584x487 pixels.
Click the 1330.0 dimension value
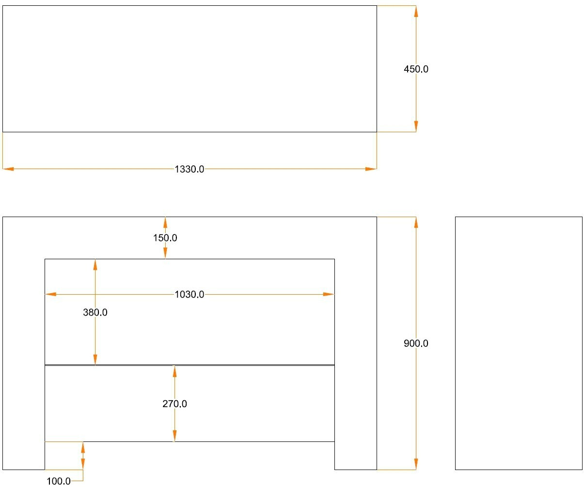click(x=189, y=169)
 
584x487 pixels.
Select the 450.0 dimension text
click(x=416, y=69)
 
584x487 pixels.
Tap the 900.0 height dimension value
click(x=416, y=344)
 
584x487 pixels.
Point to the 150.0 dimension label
click(x=165, y=238)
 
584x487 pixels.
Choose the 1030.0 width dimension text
click(x=189, y=294)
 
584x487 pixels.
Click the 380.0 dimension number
click(x=95, y=313)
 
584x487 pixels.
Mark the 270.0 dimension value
click(x=174, y=404)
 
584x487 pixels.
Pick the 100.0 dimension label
click(x=59, y=481)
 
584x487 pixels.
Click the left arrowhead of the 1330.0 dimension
click(x=8, y=169)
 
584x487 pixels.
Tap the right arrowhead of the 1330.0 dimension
click(x=371, y=169)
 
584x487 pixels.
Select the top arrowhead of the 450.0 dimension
click(x=416, y=11)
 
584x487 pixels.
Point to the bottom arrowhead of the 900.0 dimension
click(x=416, y=464)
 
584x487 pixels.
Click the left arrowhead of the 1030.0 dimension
click(x=50, y=294)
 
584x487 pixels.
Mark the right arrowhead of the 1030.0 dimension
click(x=329, y=294)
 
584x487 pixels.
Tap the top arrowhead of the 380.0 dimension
click(x=95, y=265)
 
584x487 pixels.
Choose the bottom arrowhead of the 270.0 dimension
click(x=174, y=436)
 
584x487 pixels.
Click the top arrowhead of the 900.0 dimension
click(x=416, y=222)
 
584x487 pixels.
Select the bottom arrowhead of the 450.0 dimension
click(x=416, y=126)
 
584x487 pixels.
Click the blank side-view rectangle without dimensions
click(x=519, y=343)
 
